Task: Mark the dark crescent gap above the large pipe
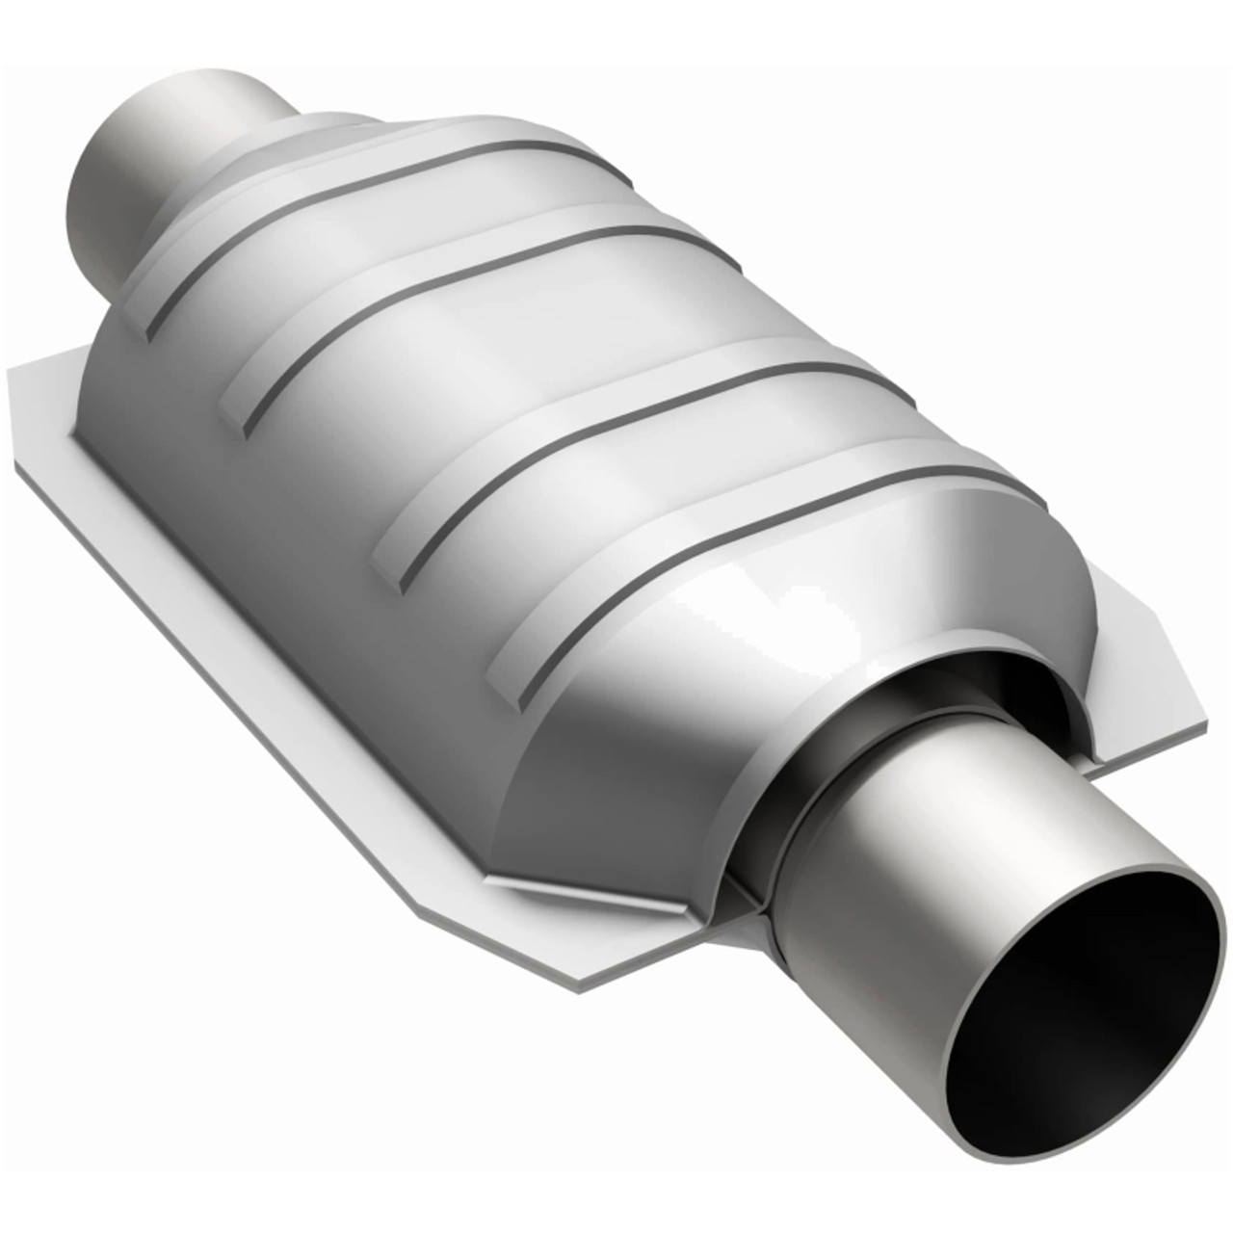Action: (973, 674)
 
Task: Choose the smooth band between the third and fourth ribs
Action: (674, 482)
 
